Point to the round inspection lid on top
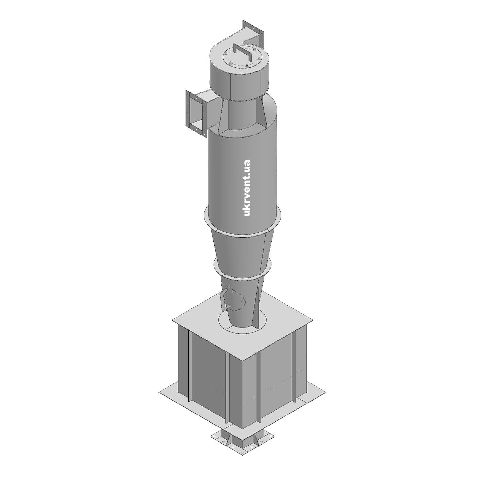pos(242,58)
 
